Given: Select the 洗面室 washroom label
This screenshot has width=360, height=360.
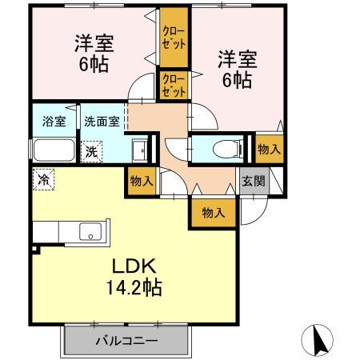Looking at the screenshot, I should point(102,122).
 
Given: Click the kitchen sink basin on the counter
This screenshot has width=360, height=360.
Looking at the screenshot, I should point(90,233).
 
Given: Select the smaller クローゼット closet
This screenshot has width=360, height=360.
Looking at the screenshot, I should point(174,85).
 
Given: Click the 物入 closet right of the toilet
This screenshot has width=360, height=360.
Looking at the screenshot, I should point(268,150).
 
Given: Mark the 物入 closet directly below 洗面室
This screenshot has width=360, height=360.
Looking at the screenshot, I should point(142,182).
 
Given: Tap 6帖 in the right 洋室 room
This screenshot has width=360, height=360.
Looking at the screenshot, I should point(236,80).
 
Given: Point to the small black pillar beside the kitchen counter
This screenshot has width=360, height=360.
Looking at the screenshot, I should point(34,249).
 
